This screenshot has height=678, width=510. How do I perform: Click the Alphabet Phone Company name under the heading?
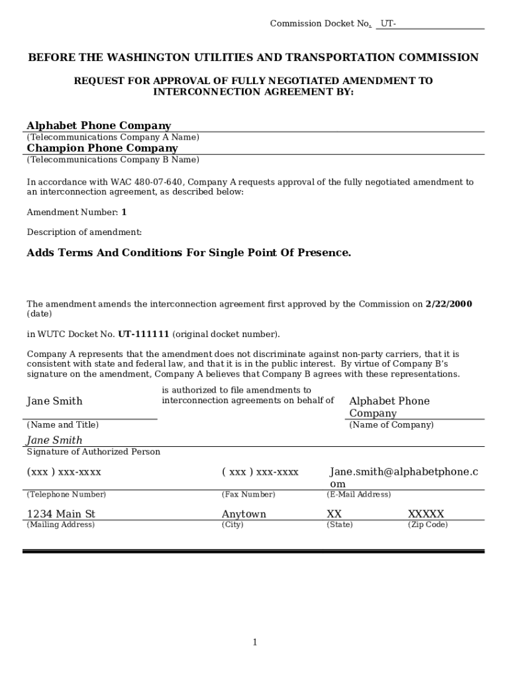click(99, 126)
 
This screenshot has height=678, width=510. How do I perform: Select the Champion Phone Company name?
click(102, 148)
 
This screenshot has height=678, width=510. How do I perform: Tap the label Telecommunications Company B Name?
click(113, 160)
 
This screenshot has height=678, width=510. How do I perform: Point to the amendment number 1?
click(124, 213)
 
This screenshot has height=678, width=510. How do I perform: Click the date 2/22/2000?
click(448, 305)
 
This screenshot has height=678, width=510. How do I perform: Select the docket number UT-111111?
click(144, 334)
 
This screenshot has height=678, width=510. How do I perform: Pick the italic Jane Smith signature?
click(54, 440)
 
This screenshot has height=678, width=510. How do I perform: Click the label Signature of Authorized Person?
click(93, 452)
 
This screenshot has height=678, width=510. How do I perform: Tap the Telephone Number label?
click(66, 495)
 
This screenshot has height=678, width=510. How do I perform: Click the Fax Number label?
click(248, 495)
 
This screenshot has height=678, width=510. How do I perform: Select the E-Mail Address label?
click(358, 495)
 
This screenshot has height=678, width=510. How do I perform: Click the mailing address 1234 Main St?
click(61, 514)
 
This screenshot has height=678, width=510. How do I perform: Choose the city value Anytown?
click(244, 514)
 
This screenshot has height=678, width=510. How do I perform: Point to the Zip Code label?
click(427, 525)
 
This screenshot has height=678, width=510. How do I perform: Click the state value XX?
click(334, 514)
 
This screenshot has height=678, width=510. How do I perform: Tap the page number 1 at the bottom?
click(254, 642)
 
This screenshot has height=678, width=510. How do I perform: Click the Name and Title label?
click(62, 425)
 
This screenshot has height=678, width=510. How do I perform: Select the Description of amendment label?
click(84, 232)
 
